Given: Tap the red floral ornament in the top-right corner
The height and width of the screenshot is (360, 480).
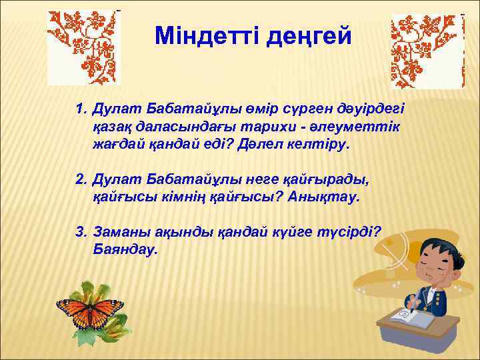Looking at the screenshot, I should coord(427,51).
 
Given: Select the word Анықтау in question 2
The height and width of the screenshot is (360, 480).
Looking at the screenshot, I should coord(326,197).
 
